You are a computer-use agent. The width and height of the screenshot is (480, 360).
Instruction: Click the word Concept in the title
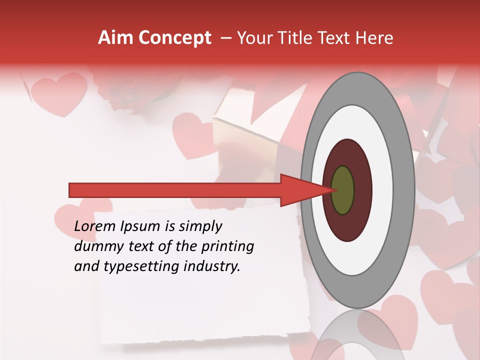click(x=174, y=38)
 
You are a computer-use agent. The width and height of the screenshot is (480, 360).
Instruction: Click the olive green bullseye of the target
click(x=343, y=190)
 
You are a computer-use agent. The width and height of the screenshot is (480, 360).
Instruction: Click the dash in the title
click(x=225, y=38)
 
